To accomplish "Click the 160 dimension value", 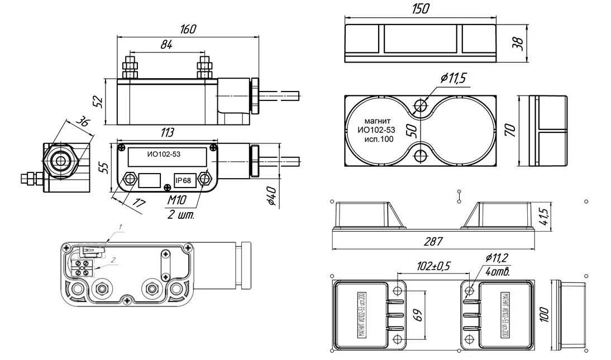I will (189, 30).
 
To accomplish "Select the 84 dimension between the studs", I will (166, 46).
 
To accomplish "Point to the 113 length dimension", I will (167, 133).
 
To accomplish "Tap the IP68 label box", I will (183, 180).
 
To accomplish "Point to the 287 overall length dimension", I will (433, 242).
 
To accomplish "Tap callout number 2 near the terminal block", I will (113, 260).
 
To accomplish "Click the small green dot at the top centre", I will (459, 192).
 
